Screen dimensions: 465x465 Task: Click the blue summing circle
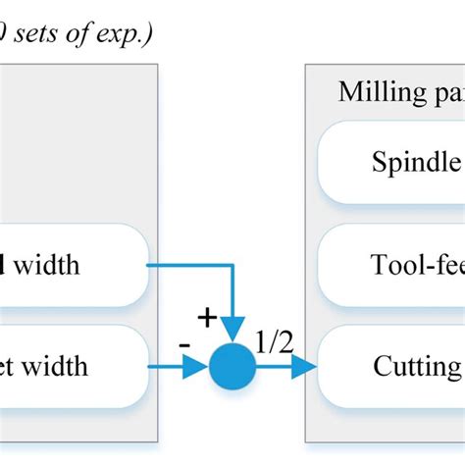point(232,368)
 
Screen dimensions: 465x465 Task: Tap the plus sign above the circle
point(207,317)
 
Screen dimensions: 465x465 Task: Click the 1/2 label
point(273,342)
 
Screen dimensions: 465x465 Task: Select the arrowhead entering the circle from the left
point(199,368)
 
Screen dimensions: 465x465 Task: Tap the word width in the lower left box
point(56,367)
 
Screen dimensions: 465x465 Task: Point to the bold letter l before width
point(4,264)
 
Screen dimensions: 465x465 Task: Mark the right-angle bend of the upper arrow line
point(232,265)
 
